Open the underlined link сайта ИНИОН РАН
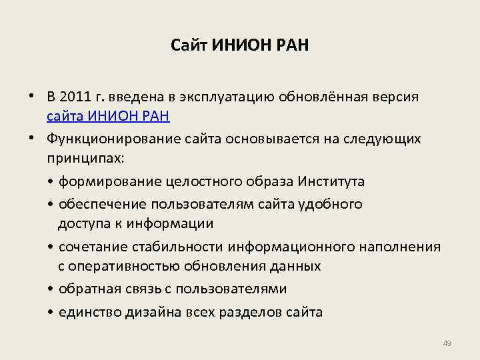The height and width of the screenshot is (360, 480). [108, 117]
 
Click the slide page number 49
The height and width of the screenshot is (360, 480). [447, 343]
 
